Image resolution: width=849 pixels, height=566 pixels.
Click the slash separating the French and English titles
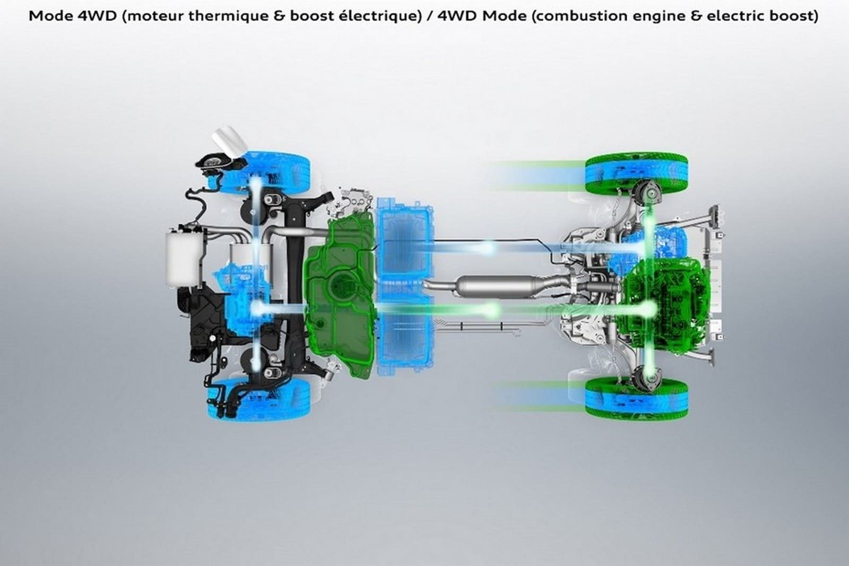(x=429, y=16)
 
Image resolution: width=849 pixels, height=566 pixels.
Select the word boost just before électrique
(x=308, y=16)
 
